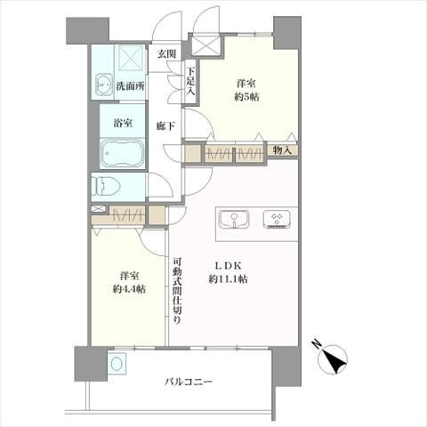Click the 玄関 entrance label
166,54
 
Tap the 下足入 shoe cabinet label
189,82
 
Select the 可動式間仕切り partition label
178,291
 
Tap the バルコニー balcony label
188,382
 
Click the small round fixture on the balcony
116,363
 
